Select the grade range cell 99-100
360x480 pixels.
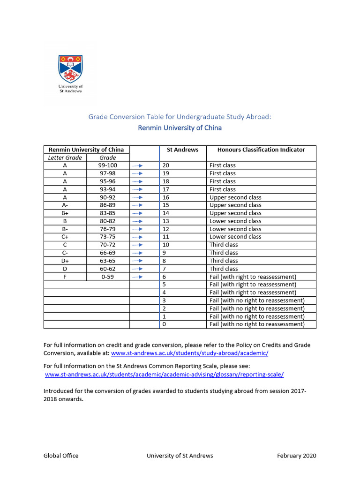click(108, 165)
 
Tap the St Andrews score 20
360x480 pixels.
click(165, 165)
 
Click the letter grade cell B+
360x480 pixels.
click(65, 213)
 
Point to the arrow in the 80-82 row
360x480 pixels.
click(137, 221)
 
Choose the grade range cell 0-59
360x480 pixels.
click(108, 277)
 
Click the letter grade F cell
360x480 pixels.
click(65, 277)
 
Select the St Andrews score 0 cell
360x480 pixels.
click(164, 324)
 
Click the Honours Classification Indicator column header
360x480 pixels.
click(261, 150)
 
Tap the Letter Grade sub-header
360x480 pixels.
click(65, 158)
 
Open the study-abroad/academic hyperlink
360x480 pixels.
click(189, 353)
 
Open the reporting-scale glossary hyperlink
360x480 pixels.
click(165, 375)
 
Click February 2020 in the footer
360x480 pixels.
click(296, 456)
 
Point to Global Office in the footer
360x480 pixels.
click(61, 456)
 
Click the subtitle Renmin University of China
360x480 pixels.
click(180, 128)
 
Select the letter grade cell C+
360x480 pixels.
click(65, 237)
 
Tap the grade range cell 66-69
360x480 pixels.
click(108, 253)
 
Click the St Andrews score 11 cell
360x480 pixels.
click(165, 237)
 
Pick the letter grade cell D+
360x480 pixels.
click(65, 261)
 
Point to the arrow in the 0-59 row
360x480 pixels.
click(137, 277)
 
